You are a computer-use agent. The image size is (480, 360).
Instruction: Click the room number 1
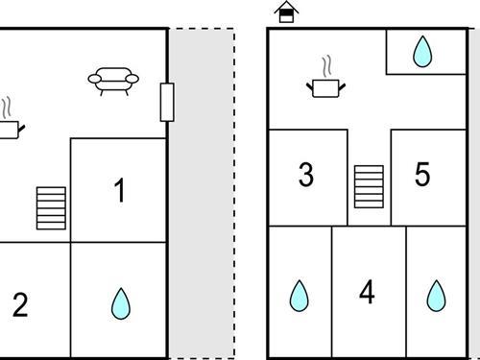[x=120, y=190]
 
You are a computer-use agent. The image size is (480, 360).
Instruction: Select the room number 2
[x=20, y=305]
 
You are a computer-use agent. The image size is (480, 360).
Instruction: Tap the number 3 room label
[x=306, y=175]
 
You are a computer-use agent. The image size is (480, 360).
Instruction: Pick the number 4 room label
[x=367, y=292]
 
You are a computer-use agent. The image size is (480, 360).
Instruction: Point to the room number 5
[x=422, y=174]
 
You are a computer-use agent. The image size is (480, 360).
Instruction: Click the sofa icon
[x=113, y=82]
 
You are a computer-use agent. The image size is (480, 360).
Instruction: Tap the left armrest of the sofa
[x=94, y=79]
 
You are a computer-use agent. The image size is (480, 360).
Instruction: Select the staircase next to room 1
[x=51, y=208]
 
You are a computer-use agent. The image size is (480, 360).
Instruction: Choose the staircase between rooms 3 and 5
[x=369, y=186]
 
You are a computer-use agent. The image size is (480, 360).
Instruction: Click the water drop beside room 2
[x=121, y=304]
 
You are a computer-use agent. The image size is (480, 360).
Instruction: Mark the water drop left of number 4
[x=300, y=297]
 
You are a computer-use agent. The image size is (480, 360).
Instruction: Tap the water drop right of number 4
[x=436, y=297]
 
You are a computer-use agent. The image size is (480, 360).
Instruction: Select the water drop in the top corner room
[x=422, y=52]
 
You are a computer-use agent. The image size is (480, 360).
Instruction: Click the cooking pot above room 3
[x=325, y=88]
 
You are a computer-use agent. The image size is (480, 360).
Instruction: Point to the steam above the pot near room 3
[x=326, y=66]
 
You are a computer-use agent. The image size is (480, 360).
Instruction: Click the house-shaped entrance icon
[x=286, y=12]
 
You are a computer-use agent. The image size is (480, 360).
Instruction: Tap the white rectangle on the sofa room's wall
[x=167, y=103]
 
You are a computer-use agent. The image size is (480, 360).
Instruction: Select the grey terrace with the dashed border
[x=202, y=194]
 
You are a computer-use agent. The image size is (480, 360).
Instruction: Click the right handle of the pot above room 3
[x=342, y=86]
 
